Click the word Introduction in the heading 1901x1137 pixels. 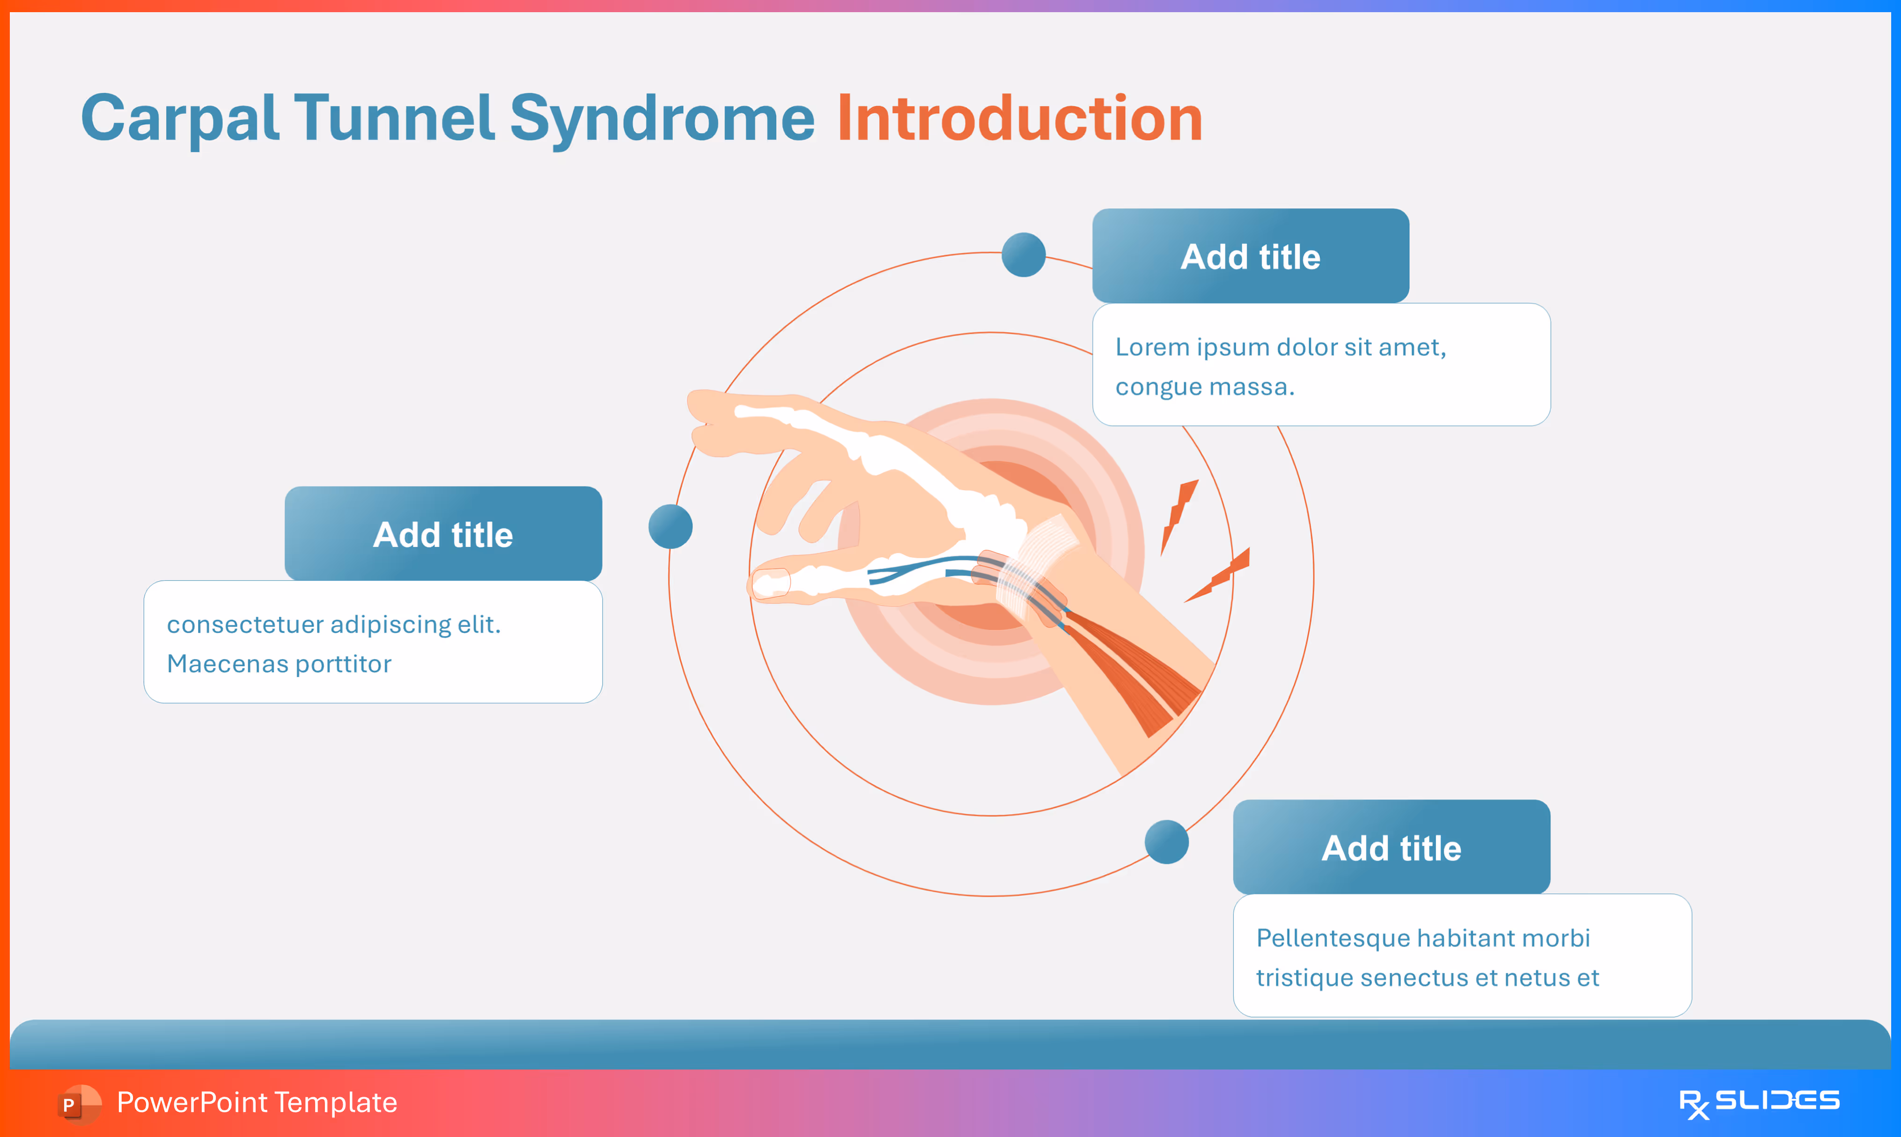point(1019,119)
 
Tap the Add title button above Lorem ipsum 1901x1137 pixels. point(1250,257)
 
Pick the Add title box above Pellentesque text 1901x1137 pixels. point(1391,848)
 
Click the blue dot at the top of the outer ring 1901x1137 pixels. point(1024,255)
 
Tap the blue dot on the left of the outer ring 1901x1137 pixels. point(670,526)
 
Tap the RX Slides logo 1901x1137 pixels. point(1759,1102)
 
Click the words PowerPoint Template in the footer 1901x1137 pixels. point(257,1102)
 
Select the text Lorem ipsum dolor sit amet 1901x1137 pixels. point(1280,347)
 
